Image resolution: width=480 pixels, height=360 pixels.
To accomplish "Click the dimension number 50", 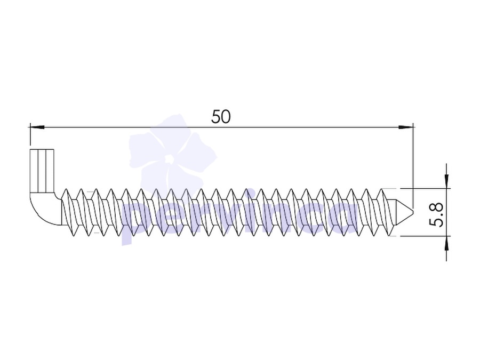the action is [221, 117].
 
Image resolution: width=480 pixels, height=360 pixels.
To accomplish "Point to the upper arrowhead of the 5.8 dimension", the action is [446, 181].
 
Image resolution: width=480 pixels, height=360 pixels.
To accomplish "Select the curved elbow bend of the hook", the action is [44, 209].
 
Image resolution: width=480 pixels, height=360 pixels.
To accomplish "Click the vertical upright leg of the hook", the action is [42, 171].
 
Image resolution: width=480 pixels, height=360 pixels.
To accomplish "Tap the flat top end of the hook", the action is [42, 149].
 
